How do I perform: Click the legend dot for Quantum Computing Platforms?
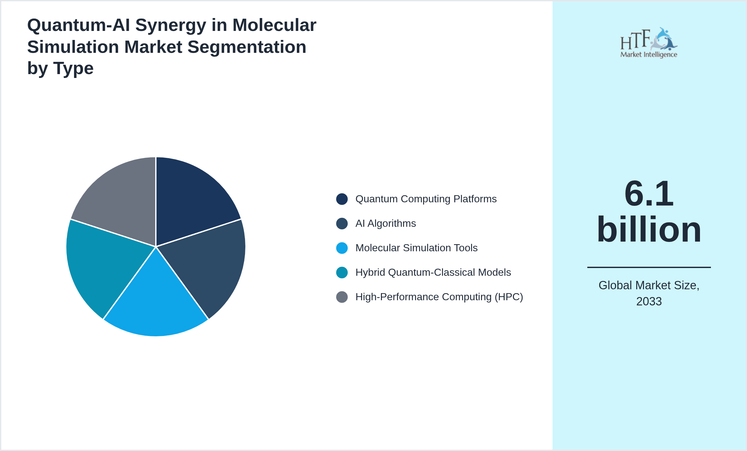(x=342, y=199)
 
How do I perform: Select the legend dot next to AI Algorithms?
(x=342, y=224)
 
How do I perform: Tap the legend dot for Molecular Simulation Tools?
(x=342, y=248)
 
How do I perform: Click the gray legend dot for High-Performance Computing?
(x=342, y=297)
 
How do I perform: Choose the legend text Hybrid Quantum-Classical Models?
(x=433, y=273)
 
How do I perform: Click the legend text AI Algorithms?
(x=385, y=224)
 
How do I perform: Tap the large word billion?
(x=649, y=229)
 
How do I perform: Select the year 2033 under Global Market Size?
(x=649, y=302)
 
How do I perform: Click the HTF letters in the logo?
(x=635, y=40)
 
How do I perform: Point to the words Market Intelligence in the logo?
(x=648, y=54)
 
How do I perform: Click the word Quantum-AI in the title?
(x=79, y=25)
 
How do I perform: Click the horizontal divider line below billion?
(x=649, y=267)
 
